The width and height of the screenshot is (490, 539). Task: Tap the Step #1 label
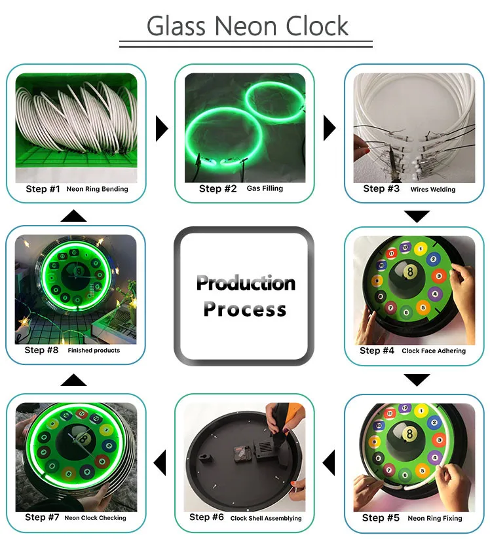(x=43, y=189)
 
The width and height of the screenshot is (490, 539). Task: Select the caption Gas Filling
(x=265, y=188)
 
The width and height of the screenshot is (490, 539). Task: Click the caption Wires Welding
(x=433, y=189)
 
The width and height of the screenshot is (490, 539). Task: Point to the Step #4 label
(x=377, y=350)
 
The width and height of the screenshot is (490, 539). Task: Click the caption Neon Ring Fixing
(x=435, y=518)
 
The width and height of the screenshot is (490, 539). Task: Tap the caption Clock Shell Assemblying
(x=266, y=518)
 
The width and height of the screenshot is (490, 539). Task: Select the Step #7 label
(x=42, y=517)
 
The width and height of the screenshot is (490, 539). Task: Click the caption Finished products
(x=94, y=350)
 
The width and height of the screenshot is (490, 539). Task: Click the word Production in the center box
(x=246, y=283)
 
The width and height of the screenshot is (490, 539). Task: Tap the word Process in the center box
(x=245, y=308)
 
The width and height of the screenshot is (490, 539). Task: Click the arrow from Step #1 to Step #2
(x=162, y=129)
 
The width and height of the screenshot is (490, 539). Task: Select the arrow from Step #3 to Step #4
(x=417, y=217)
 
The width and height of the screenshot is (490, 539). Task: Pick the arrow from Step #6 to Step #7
(x=160, y=462)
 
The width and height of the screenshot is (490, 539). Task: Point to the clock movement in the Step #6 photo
(x=242, y=453)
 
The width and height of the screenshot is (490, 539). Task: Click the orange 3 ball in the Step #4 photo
(x=439, y=275)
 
